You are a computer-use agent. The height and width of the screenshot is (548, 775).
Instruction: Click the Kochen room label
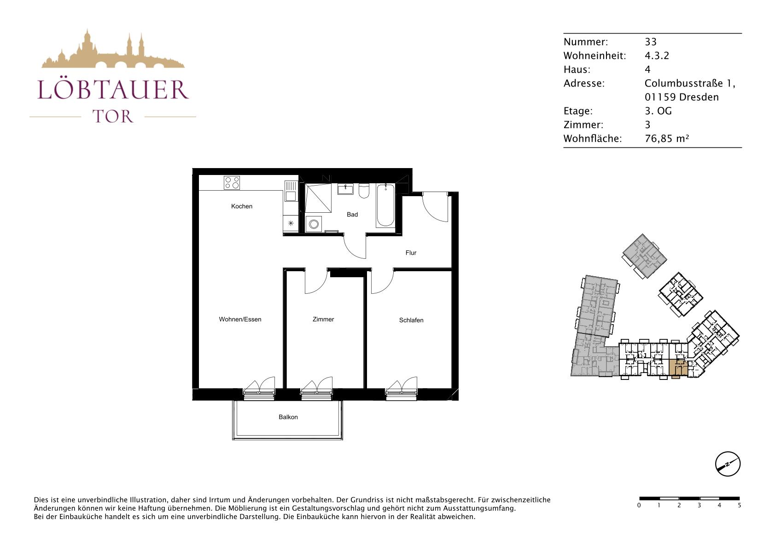(241, 206)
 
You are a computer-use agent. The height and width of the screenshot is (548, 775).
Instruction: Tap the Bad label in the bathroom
(352, 215)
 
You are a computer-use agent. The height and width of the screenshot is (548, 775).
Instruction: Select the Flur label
(411, 253)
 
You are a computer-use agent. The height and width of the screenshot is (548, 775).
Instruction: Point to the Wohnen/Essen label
(240, 319)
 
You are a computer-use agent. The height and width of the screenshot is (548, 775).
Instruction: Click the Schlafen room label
(411, 321)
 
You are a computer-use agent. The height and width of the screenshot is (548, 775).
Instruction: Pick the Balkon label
(288, 417)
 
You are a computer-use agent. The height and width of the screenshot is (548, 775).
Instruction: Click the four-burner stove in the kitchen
(232, 183)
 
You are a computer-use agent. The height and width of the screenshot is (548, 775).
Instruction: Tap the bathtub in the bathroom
(385, 205)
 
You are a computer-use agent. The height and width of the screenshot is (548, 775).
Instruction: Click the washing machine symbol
(314, 224)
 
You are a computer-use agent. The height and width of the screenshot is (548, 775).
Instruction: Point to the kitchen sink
(291, 191)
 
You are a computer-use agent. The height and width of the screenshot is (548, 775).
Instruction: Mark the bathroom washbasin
(345, 189)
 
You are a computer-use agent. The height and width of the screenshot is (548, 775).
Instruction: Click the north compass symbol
(728, 464)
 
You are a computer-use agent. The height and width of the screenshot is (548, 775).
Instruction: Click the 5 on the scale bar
(740, 506)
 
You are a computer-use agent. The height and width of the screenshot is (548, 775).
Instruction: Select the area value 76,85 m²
(667, 139)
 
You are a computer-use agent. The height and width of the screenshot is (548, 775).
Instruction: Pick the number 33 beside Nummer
(651, 42)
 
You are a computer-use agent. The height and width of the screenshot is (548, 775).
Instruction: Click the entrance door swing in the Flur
(435, 208)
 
